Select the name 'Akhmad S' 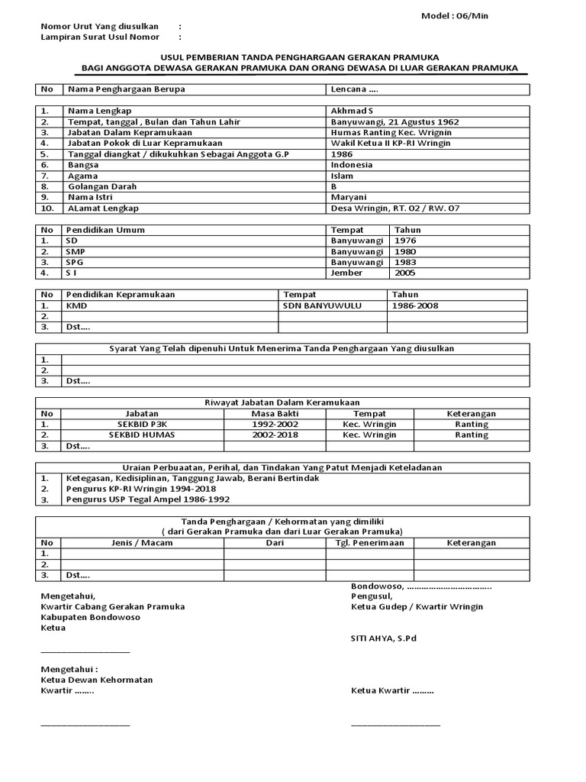(353, 111)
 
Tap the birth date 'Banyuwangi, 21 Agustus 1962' (394, 121)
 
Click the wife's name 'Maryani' (349, 197)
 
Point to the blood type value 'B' (334, 186)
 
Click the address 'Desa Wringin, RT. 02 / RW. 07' (395, 208)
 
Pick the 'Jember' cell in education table (346, 273)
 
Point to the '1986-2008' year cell (415, 305)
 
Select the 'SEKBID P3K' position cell (130, 424)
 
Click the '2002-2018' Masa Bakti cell (275, 435)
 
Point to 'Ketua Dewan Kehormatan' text (97, 680)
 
